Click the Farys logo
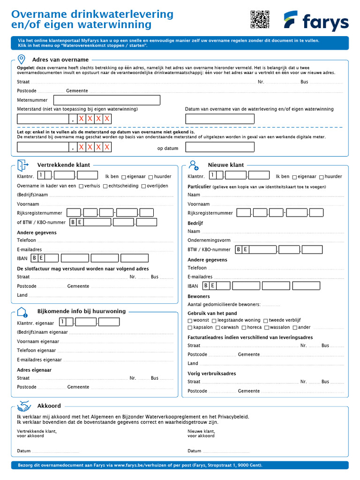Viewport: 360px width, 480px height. click(316, 21)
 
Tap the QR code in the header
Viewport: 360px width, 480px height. click(260, 19)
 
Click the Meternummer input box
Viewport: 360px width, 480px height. click(107, 100)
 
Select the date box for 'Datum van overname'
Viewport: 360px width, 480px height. click(219, 119)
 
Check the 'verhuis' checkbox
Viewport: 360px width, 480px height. click(81, 186)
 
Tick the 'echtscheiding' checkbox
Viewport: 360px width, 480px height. click(105, 186)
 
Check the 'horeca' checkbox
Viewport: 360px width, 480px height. click(244, 328)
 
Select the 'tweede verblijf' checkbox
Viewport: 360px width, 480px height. click(265, 321)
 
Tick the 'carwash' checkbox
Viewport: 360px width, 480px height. click(218, 328)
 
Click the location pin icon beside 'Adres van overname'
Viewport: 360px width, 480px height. click(22, 60)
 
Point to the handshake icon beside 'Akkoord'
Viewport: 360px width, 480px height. click(24, 406)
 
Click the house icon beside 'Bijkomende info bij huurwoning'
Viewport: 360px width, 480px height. click(22, 312)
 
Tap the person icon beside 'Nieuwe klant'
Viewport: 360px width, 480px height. click(193, 165)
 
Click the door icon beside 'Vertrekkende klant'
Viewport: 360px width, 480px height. click(22, 165)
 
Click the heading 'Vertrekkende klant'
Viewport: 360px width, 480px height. click(64, 165)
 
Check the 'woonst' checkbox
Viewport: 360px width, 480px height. click(190, 321)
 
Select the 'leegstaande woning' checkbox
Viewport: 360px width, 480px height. click(214, 321)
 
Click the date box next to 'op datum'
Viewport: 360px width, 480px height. click(219, 148)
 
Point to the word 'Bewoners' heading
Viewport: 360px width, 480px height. click(199, 297)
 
